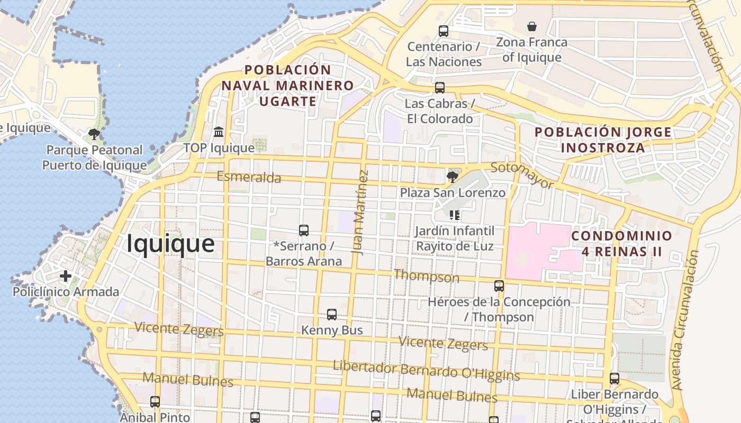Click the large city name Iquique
(170, 244)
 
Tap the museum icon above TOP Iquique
(219, 131)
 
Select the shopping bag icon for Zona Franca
(532, 26)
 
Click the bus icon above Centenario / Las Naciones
(444, 31)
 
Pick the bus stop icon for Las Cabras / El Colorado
(440, 88)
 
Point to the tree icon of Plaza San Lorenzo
(452, 177)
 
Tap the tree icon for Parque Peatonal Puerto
(94, 134)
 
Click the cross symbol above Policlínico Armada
(66, 276)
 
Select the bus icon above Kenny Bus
(332, 315)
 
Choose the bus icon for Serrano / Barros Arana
(304, 231)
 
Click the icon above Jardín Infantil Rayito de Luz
(455, 215)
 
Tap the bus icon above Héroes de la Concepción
(499, 286)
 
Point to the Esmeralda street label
(249, 177)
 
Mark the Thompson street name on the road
(427, 276)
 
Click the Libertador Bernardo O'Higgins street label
(426, 371)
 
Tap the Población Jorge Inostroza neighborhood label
(603, 140)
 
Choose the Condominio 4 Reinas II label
(621, 243)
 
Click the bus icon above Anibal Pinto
(155, 402)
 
